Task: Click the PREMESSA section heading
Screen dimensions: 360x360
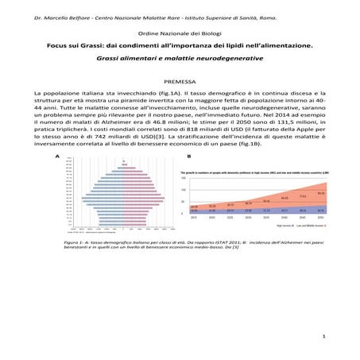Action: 180,82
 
